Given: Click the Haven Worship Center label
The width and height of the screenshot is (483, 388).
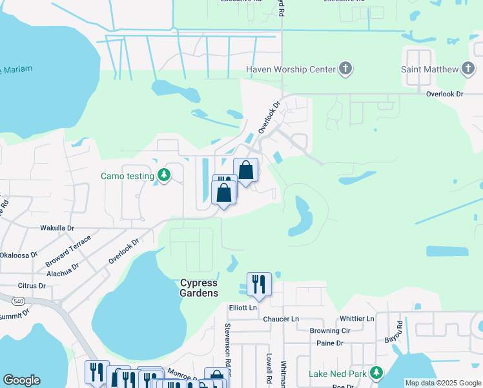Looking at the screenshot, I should pos(291,69).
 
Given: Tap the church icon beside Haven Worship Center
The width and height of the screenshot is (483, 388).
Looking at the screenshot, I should pos(345,69).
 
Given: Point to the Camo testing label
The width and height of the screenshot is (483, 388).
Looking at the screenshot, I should pos(127,176).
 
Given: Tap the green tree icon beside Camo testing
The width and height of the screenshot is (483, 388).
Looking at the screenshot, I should pos(165,175).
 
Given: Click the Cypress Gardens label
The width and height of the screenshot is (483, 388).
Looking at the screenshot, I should pos(199,288).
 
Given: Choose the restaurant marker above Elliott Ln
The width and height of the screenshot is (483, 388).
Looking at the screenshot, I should pos(259,285).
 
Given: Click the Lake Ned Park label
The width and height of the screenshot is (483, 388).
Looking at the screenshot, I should pos(337,373).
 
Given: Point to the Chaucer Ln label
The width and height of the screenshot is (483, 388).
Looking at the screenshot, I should pos(281,319).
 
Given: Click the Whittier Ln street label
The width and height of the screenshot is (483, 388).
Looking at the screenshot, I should pos(356,319).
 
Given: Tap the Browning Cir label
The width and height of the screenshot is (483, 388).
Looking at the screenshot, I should pos(329,330).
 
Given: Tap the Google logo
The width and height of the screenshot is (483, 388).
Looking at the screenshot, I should pos(21,380).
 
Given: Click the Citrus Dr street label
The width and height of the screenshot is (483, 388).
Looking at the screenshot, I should pos(32,285).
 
